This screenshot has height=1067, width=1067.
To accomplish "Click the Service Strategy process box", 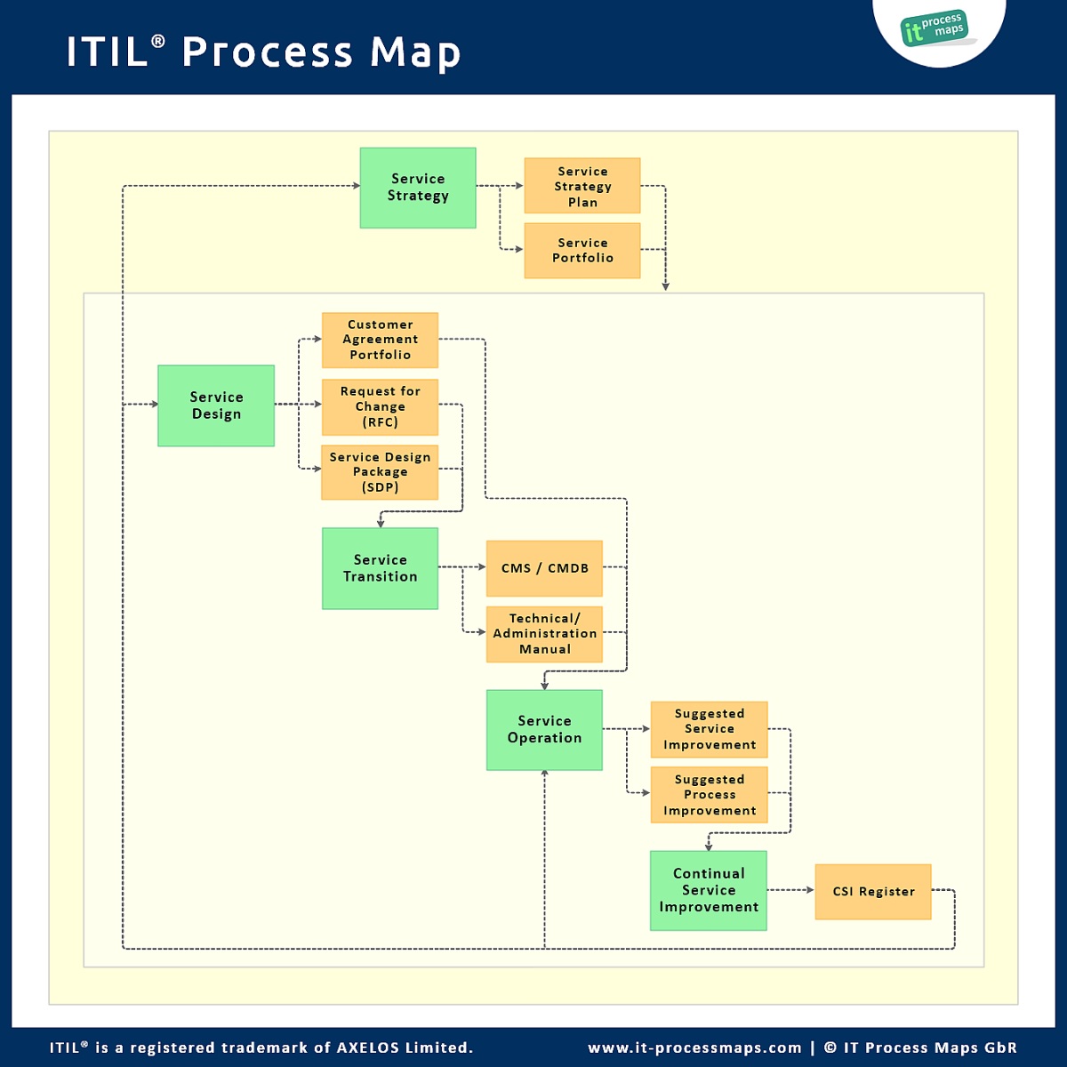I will click(418, 188).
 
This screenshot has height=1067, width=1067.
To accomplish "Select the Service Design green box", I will click(216, 405).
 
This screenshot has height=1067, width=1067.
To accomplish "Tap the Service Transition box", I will click(380, 568).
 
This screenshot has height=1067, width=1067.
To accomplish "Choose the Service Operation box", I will click(544, 730).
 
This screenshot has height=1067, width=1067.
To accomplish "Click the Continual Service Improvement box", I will click(708, 891).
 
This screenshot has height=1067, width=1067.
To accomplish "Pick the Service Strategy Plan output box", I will click(582, 186).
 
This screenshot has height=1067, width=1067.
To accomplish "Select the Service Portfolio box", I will click(582, 251).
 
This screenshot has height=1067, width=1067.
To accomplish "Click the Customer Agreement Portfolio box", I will click(380, 340).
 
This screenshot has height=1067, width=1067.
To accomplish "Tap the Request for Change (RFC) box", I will click(380, 406).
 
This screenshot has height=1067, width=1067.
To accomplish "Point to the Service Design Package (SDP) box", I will click(380, 472).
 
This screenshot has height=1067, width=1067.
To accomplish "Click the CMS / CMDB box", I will click(544, 568).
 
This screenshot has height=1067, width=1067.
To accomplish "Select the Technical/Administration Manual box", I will click(544, 634).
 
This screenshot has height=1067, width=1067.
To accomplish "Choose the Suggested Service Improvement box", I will click(709, 729).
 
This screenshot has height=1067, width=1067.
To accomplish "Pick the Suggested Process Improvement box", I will click(709, 795).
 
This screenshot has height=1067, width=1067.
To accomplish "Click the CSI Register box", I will click(873, 892).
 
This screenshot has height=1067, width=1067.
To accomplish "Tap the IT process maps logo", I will click(935, 28).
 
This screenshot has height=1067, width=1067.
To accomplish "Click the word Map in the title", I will click(415, 52).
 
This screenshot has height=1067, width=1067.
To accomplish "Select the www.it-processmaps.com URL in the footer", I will click(694, 1047).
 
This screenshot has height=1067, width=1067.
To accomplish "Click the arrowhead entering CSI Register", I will click(809, 890).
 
